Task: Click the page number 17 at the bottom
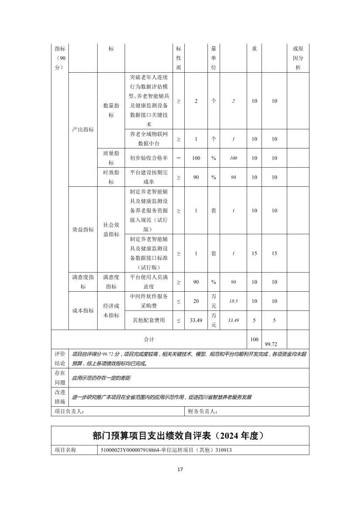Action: [x=180, y=469]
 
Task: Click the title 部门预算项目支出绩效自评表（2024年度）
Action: [x=180, y=436]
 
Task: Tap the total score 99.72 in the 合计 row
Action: [x=274, y=344]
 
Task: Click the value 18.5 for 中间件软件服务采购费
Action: [x=234, y=301]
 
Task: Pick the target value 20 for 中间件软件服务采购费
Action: [x=196, y=301]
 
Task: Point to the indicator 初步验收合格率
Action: [x=149, y=158]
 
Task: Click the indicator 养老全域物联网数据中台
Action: [x=149, y=139]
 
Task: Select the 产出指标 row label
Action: [x=83, y=130]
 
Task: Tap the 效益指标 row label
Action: [x=83, y=229]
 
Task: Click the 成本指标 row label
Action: [x=83, y=310]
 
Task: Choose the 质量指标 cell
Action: [x=111, y=158]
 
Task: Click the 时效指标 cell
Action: [x=111, y=177]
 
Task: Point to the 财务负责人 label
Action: [x=203, y=411]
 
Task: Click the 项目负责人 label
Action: [x=69, y=411]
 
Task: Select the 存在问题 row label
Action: [x=60, y=378]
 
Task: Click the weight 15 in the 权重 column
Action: [x=255, y=253]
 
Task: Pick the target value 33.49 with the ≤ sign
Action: [x=196, y=320]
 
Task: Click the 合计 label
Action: [x=149, y=339]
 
